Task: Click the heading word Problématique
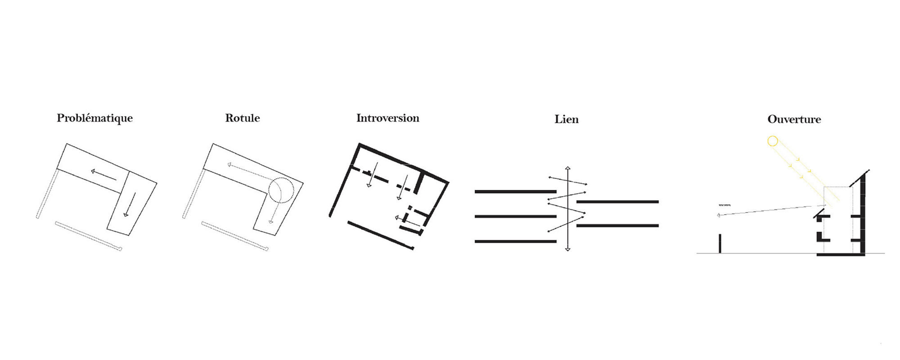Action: point(94,118)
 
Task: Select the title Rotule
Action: point(243,118)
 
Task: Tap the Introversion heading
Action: point(387,118)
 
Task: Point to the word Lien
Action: point(567,120)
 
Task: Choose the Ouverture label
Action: point(794,120)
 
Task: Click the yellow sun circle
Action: point(772,141)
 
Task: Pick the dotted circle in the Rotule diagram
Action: point(281,190)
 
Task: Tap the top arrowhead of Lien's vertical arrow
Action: point(568,168)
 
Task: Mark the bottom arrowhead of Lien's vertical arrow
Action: point(568,249)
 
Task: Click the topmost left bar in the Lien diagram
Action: point(515,192)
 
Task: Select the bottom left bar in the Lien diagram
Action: point(515,242)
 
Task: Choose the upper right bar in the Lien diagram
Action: point(617,202)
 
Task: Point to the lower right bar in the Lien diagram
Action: point(617,225)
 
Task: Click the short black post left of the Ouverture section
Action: point(720,243)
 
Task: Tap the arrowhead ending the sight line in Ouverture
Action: point(719,216)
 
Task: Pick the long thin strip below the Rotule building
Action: point(234,235)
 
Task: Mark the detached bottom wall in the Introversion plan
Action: point(381,235)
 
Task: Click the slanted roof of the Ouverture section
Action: point(859,179)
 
